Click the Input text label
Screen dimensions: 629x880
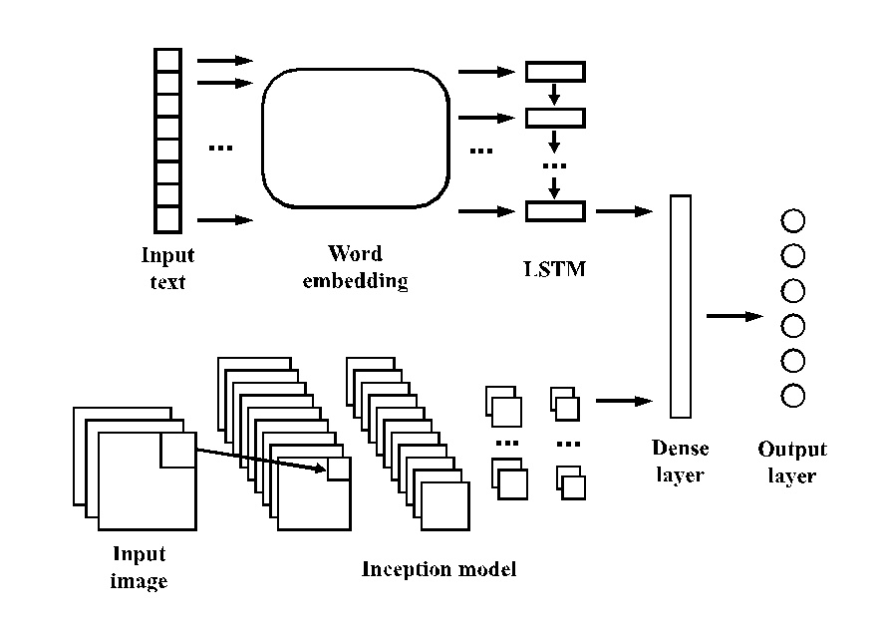(x=167, y=269)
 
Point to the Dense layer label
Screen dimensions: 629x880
(x=681, y=462)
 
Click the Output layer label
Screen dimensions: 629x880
(x=792, y=463)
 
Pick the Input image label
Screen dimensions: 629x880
(x=139, y=567)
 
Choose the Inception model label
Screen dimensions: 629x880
(x=439, y=570)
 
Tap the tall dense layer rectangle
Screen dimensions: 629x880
(x=681, y=306)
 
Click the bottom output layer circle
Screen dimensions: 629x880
(x=793, y=396)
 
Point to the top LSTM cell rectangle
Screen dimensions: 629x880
(x=555, y=72)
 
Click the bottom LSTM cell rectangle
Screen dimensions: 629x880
(x=555, y=210)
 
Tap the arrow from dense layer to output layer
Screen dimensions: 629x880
(x=734, y=317)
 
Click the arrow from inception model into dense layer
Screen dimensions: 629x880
(x=624, y=401)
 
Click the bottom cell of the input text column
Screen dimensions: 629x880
(x=167, y=219)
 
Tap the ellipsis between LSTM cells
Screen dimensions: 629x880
(x=555, y=164)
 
